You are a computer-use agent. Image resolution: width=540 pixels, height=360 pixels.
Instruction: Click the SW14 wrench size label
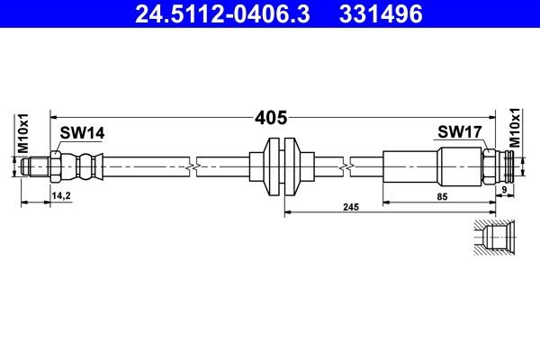(x=82, y=133)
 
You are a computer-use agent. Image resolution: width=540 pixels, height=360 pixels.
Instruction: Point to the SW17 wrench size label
(x=460, y=133)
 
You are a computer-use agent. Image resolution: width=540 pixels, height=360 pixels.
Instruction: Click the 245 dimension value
(x=351, y=207)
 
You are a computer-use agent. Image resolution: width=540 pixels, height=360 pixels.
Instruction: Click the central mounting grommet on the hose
(x=281, y=167)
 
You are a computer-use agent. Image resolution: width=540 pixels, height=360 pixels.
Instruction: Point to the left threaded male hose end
(x=36, y=167)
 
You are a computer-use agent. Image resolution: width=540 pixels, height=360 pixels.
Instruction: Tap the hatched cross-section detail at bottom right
(x=494, y=238)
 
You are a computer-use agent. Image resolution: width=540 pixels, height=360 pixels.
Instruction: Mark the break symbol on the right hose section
(x=346, y=167)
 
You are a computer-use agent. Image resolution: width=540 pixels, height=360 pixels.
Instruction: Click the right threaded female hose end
(x=512, y=167)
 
